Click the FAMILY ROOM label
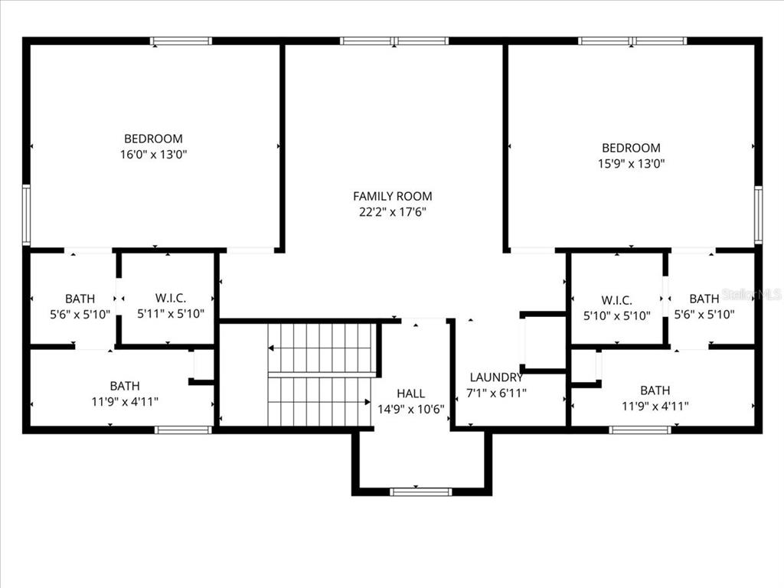392,196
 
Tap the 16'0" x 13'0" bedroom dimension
153,154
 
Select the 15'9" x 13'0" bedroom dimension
630,163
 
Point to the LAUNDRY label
496,377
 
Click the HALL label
410,394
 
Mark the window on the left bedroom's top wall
181,41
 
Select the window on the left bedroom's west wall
25,215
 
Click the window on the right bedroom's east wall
758,215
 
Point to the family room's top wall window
394,41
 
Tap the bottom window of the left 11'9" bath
183,430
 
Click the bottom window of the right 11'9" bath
640,430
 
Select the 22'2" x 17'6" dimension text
392,212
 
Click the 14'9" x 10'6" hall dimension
411,409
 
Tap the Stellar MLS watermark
754,294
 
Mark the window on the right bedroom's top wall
632,41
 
